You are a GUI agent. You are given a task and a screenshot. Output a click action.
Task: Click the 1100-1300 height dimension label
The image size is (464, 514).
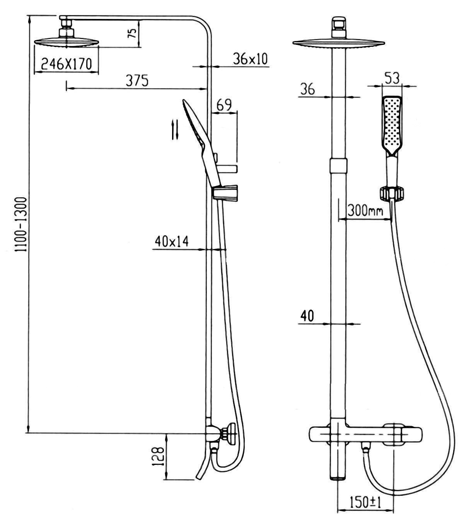point(20,225)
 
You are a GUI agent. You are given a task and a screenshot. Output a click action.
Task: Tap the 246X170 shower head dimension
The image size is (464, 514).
point(67,64)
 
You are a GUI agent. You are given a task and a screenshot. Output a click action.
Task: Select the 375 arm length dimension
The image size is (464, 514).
point(137,81)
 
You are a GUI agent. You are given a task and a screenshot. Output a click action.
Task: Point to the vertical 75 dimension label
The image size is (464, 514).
point(133,33)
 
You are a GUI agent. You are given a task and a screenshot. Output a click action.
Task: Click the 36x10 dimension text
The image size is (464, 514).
point(250,59)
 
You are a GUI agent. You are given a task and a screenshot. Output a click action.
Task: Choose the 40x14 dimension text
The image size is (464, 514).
point(171,241)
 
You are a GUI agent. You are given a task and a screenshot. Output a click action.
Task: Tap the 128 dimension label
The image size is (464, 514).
point(158,456)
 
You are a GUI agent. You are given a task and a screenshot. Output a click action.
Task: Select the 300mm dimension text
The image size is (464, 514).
point(365,211)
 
